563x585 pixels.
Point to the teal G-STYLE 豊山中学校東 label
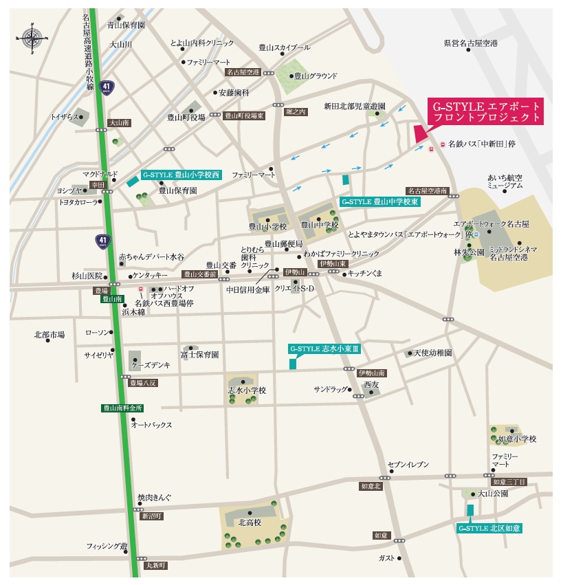379,202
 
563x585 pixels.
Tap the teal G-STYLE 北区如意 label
489,528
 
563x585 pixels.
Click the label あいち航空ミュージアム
505,181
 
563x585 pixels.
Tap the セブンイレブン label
408,465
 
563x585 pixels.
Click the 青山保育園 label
126,25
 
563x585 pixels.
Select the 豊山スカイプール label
285,47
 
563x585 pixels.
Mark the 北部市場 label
49,335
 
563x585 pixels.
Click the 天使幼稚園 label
432,353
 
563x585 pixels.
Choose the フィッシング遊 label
107,547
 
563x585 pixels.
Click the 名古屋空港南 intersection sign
427,190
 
